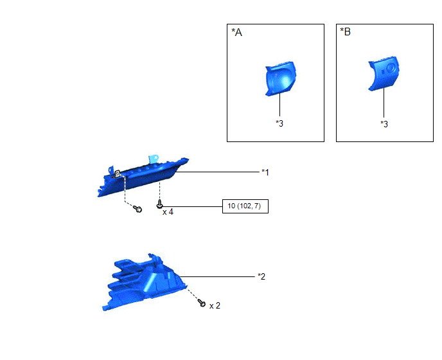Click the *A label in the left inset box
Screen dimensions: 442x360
click(x=237, y=32)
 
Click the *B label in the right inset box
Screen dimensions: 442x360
click(x=346, y=32)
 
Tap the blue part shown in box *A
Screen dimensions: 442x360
click(x=281, y=79)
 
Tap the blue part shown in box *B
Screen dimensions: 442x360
click(x=384, y=74)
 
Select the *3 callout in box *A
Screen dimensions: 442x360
click(x=279, y=123)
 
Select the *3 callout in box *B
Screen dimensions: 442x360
click(x=384, y=124)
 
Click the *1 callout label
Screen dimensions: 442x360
click(x=265, y=172)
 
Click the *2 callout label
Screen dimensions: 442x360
click(x=261, y=276)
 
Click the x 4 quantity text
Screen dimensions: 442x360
click(x=168, y=212)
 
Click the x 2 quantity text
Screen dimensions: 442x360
click(x=215, y=305)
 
